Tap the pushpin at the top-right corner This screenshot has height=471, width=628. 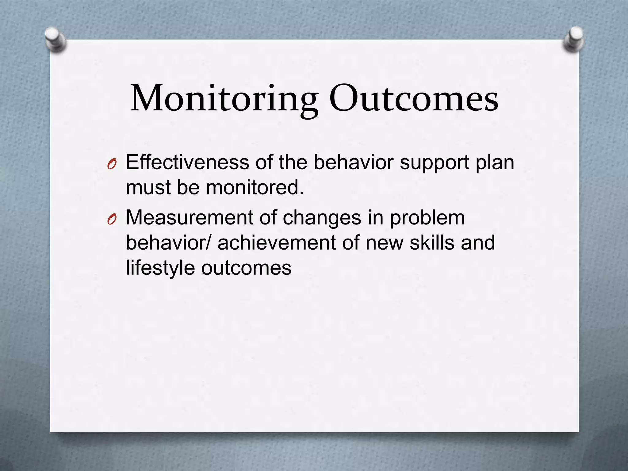574,40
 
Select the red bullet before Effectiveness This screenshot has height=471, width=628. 112,165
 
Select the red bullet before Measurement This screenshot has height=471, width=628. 112,220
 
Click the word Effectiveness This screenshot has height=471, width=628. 187,162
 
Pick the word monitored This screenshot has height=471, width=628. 255,187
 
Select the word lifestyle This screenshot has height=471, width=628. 160,268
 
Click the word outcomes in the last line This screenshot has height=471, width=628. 246,268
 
